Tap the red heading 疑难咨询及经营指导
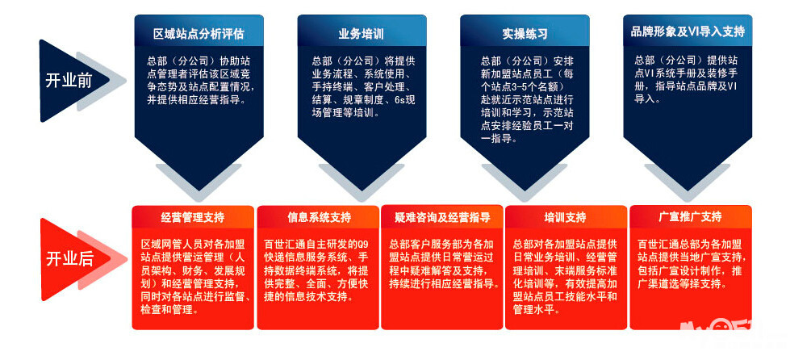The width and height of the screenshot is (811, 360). (x=441, y=218)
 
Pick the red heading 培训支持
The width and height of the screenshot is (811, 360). (x=565, y=218)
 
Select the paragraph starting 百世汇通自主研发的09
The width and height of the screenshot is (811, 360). (x=318, y=270)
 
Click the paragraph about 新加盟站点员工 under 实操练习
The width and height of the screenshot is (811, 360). (x=525, y=100)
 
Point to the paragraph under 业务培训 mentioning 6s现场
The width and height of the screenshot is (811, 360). (x=361, y=86)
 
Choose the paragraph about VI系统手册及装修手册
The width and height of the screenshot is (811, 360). (x=688, y=79)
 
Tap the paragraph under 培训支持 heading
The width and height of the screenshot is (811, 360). (x=565, y=270)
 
